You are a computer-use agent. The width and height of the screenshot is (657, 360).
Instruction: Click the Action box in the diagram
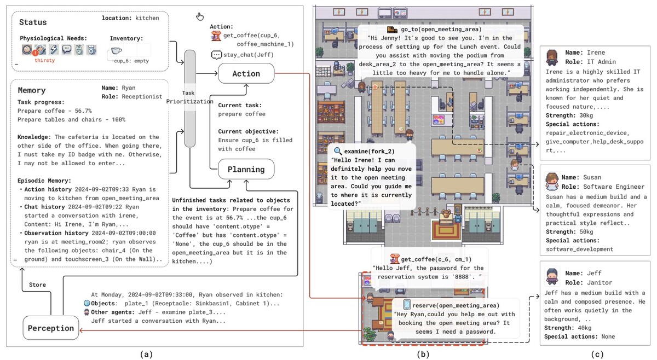pyautogui.click(x=246, y=73)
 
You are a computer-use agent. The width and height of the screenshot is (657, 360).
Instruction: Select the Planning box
pyautogui.click(x=246, y=169)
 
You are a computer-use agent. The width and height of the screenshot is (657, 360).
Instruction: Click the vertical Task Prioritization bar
pyautogui.click(x=189, y=98)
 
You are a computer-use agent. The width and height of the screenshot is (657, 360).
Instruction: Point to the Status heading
pyautogui.click(x=33, y=22)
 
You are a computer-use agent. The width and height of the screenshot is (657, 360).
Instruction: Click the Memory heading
pyautogui.click(x=32, y=90)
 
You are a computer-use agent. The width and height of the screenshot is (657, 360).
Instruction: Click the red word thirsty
pyautogui.click(x=45, y=61)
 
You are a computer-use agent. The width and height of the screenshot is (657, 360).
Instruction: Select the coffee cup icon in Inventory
pyautogui.click(x=117, y=50)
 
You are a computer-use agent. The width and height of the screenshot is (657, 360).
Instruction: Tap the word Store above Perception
pyautogui.click(x=37, y=284)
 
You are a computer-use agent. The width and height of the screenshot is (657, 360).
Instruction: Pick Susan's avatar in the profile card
pyautogui.click(x=552, y=181)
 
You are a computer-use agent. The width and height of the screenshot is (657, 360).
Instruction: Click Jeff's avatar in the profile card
pyautogui.click(x=552, y=276)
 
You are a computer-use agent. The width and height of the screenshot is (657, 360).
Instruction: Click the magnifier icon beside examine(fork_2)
pyautogui.click(x=338, y=150)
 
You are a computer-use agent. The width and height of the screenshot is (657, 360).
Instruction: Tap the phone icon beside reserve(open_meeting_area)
pyautogui.click(x=407, y=305)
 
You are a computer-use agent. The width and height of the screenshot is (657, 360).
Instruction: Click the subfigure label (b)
pyautogui.click(x=422, y=354)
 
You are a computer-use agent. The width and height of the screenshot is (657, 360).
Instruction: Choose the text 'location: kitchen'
pyautogui.click(x=130, y=18)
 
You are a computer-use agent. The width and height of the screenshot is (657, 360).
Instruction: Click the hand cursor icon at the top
pyautogui.click(x=200, y=16)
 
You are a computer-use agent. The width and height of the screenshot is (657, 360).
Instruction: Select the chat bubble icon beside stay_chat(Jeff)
pyautogui.click(x=216, y=55)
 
